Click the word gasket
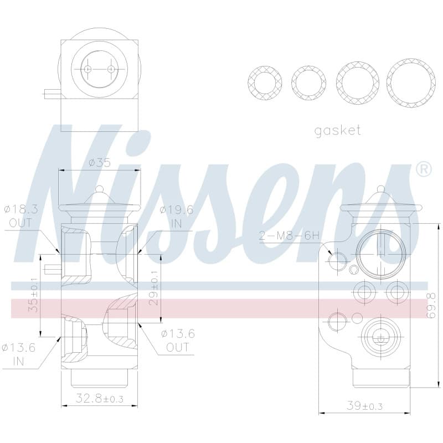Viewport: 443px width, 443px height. [338, 131]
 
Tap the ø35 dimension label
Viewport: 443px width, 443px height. [100, 163]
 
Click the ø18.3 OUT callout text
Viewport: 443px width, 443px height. [21, 216]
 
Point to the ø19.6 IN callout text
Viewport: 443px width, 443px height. [177, 217]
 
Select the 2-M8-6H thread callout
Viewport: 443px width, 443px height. [289, 236]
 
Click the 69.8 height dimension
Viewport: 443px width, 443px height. [431, 306]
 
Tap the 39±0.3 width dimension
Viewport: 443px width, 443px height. [364, 406]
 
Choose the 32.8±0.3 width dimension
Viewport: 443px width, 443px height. [100, 399]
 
